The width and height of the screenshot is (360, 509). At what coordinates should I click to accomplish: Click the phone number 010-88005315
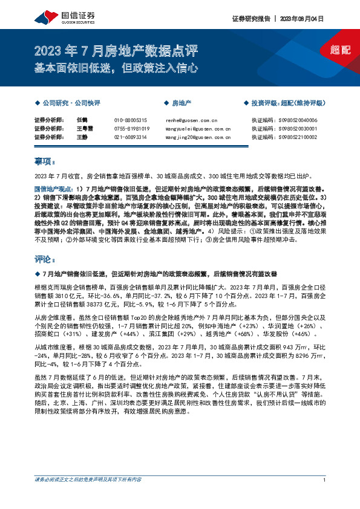click(131, 120)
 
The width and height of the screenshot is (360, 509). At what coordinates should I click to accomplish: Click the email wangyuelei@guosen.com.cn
click(198, 129)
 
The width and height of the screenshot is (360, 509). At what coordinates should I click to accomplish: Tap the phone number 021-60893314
click(131, 137)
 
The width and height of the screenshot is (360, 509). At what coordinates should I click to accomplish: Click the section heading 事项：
click(44, 161)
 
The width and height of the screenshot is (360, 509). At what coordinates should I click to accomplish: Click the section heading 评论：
click(44, 259)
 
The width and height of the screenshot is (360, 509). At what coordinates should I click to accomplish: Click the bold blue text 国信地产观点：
click(54, 189)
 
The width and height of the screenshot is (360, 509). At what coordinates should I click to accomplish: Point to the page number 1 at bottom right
click(326, 480)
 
